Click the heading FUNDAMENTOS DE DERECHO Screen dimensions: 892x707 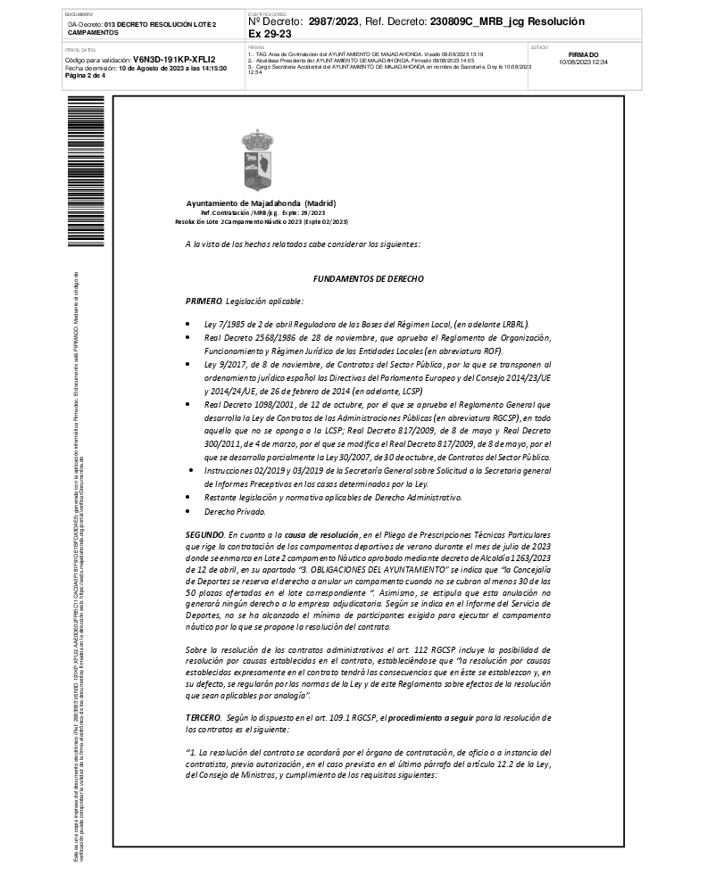click(x=368, y=278)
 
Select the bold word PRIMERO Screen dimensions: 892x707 click(x=204, y=301)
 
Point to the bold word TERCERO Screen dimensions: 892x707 click(x=204, y=717)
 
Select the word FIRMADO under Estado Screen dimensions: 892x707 click(x=583, y=54)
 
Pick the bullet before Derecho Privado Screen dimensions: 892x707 click(x=187, y=512)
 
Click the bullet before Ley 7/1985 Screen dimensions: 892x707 click(x=187, y=325)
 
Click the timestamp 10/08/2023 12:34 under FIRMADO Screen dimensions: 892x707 click(x=583, y=62)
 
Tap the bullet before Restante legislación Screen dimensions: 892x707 click(x=187, y=496)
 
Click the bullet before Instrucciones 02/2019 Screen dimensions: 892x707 click(x=187, y=468)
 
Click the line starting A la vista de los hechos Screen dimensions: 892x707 click(x=302, y=244)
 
